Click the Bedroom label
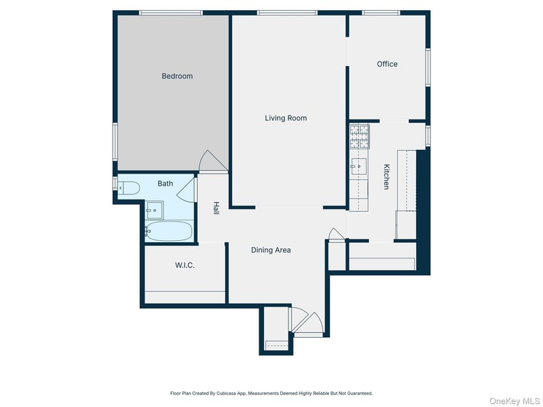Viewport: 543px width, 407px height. click(177, 76)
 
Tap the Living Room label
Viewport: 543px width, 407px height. click(286, 118)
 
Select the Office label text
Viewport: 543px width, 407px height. click(387, 64)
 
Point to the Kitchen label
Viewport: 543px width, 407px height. click(386, 176)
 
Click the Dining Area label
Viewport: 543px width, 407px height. click(271, 250)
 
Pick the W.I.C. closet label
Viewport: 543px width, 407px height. click(185, 265)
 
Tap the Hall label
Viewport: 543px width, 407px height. click(216, 208)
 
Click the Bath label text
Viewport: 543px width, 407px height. click(165, 183)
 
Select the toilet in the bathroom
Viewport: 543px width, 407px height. click(129, 188)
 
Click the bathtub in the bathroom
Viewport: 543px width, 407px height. click(168, 231)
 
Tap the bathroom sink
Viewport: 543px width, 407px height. click(155, 210)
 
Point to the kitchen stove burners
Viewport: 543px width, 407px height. click(360, 136)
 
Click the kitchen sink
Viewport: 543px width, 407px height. click(358, 166)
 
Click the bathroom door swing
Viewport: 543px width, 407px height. click(186, 190)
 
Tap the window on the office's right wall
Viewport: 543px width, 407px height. click(428, 67)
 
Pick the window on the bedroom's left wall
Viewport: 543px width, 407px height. click(115, 142)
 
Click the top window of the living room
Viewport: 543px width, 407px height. click(287, 13)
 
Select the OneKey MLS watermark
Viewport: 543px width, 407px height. click(514, 401)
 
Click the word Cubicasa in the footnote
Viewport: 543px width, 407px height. click(225, 393)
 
